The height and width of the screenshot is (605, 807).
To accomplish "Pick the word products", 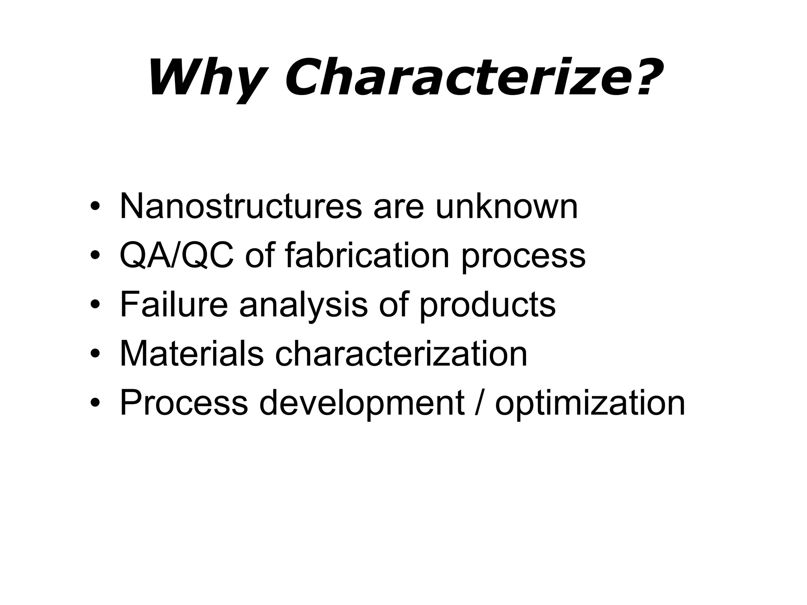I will (487, 305).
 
